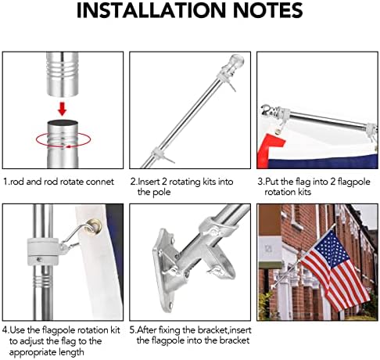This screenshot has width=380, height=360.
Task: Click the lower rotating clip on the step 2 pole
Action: click(x=167, y=146)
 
